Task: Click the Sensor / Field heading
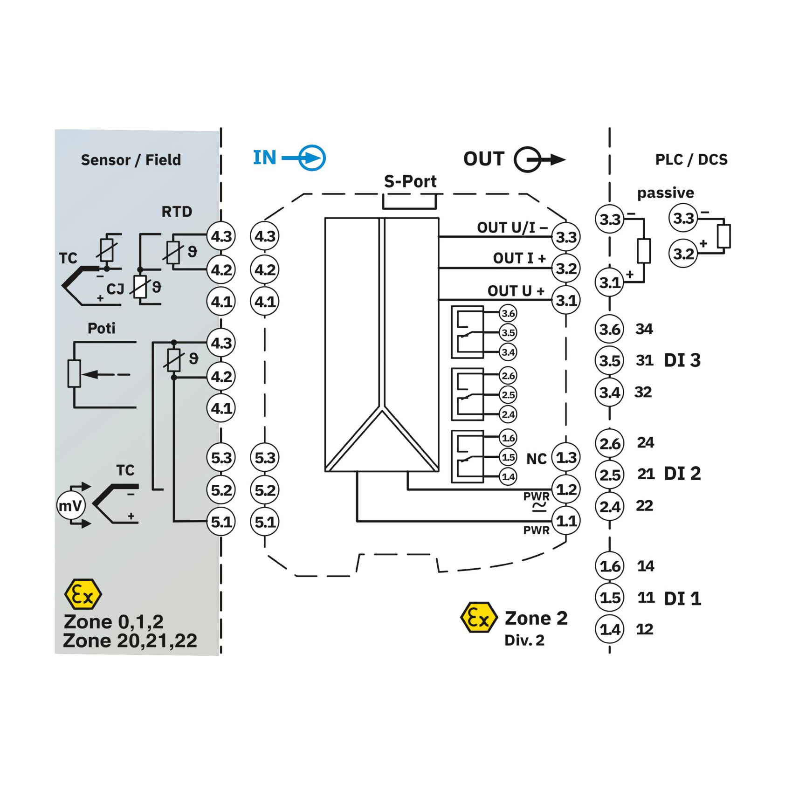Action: (131, 160)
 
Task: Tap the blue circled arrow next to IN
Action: (311, 158)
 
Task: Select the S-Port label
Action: (410, 181)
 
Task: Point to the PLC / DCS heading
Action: (691, 159)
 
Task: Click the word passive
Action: (665, 193)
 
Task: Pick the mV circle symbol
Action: (70, 505)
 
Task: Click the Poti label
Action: (101, 328)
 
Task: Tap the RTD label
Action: (177, 212)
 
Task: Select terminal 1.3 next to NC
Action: (566, 457)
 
